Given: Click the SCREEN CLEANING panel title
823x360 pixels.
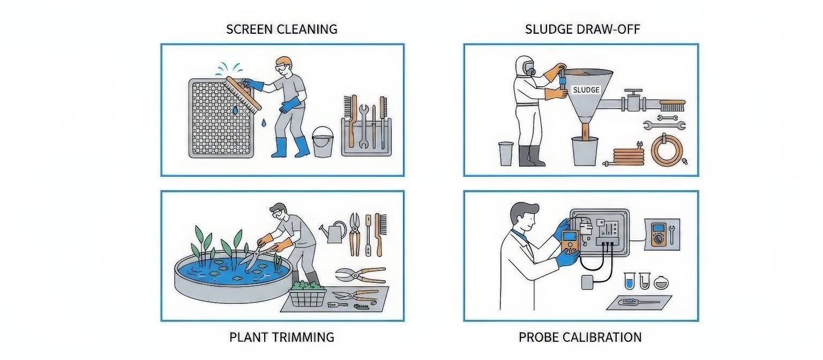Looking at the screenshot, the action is click(x=282, y=29).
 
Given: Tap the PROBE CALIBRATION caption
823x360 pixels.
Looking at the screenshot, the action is click(x=580, y=337).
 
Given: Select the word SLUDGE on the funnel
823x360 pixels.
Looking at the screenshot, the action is click(x=586, y=90).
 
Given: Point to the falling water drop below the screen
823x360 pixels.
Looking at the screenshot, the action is click(x=264, y=123).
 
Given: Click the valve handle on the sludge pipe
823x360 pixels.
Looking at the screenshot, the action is click(x=633, y=91).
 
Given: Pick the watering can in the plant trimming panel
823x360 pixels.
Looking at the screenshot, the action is click(x=334, y=231).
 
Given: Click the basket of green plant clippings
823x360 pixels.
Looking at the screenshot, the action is click(x=308, y=294).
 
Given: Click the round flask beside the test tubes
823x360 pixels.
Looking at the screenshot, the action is click(x=661, y=282).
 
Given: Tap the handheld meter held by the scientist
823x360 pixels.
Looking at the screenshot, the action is click(x=570, y=242).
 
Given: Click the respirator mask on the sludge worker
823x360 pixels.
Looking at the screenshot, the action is click(x=529, y=69).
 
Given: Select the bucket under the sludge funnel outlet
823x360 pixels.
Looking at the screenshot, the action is click(x=585, y=151).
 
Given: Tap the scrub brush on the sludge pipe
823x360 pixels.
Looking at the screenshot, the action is click(x=672, y=105).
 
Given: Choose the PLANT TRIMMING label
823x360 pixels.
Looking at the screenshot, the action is click(x=282, y=337).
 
